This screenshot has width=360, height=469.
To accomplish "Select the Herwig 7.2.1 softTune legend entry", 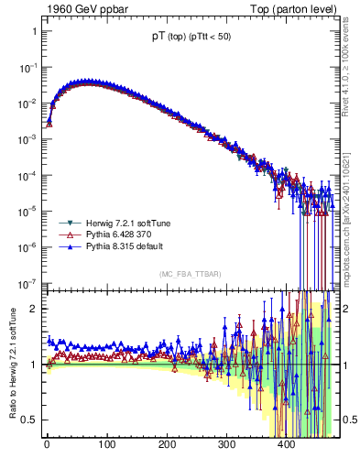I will click(127, 223).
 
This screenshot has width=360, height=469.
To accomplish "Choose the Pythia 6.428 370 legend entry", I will click(120, 234).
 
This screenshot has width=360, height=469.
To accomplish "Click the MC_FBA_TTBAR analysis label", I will click(188, 275).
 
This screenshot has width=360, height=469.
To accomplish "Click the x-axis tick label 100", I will click(106, 444).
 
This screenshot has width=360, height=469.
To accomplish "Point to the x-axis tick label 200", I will click(167, 444).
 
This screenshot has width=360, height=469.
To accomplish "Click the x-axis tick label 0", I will click(47, 444).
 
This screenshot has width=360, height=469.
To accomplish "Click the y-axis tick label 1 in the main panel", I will click(34, 31).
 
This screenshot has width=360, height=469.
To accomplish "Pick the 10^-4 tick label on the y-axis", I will click(28, 175).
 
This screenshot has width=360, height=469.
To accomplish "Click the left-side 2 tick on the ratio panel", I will click(34, 309).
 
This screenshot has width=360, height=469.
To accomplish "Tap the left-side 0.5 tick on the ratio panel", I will click(30, 420).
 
